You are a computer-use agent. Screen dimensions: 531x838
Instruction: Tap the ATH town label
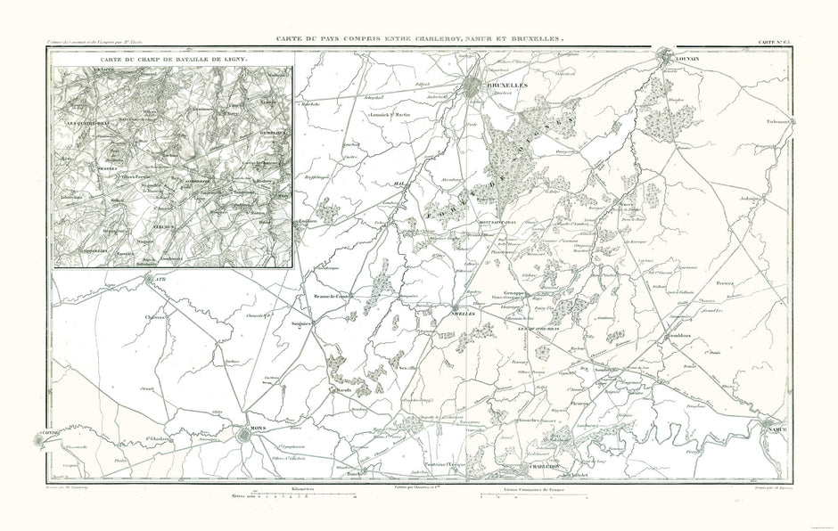pyautogui.click(x=161, y=278)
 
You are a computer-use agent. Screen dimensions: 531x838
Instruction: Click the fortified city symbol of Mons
pyautogui.click(x=246, y=435)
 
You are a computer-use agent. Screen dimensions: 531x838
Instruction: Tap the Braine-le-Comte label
pyautogui.click(x=329, y=296)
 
